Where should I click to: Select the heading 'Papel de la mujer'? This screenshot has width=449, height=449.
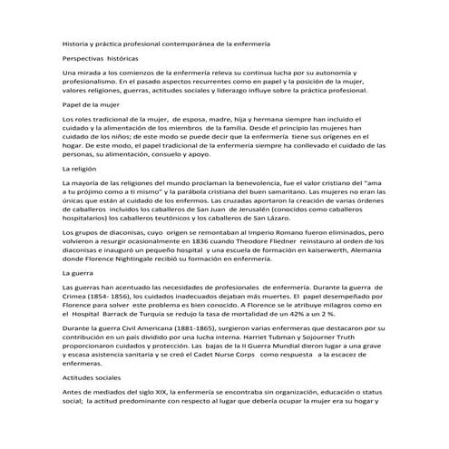coord(87,105)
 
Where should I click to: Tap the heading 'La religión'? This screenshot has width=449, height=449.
coord(77,170)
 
